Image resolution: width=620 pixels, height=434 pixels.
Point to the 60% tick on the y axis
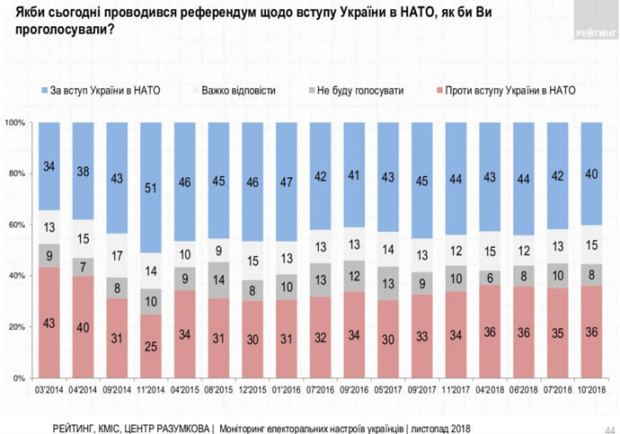[x=17, y=225]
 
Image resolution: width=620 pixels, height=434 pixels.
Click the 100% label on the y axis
[x=15, y=122]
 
